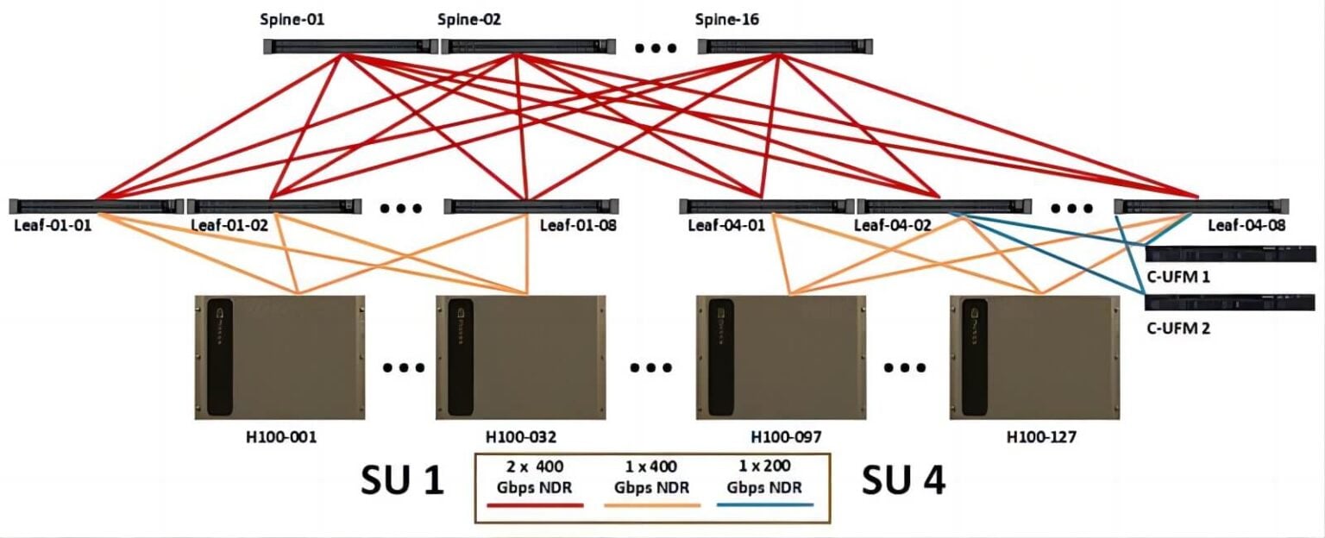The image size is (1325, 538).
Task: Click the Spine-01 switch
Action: pyautogui.click(x=349, y=47)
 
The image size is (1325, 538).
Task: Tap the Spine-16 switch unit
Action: pyautogui.click(x=784, y=47)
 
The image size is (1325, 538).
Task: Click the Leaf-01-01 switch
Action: pyautogui.click(x=96, y=206)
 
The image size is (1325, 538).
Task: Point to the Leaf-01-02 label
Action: pyautogui.click(x=229, y=226)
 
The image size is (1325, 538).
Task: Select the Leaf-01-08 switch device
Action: pyautogui.click(x=531, y=206)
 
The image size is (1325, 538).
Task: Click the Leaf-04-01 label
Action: pyautogui.click(x=726, y=226)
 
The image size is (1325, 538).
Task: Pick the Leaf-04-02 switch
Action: pyautogui.click(x=945, y=206)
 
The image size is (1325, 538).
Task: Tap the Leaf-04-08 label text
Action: pyautogui.click(x=1247, y=226)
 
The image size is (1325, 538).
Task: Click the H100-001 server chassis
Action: pyautogui.click(x=279, y=357)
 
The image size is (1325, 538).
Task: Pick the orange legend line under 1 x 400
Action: pyautogui.click(x=651, y=504)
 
